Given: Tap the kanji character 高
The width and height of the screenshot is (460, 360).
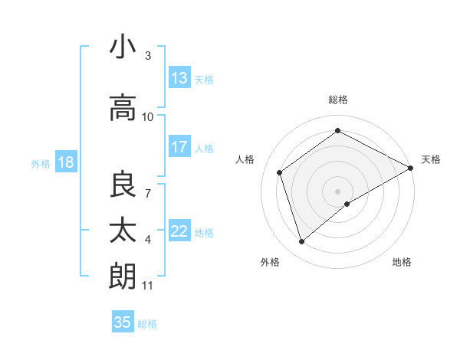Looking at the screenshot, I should coord(123,107).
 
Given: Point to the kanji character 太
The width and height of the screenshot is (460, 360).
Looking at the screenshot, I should coord(123,231).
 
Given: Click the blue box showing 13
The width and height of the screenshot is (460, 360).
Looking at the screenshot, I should coord(179,78).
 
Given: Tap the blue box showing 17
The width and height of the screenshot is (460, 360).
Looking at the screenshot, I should coord(179,147).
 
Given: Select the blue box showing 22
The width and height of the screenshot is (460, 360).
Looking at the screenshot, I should coord(179,231).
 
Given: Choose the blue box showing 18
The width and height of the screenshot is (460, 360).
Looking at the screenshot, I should coord(65,162).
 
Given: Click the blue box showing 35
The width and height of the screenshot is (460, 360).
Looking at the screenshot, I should coord(123,322).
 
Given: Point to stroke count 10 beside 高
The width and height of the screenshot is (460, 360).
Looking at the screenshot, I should coord(148,117).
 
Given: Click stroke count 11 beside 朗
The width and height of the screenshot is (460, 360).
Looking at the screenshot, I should coord(148,286).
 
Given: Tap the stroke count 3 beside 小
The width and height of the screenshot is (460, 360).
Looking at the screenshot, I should coord(148,56).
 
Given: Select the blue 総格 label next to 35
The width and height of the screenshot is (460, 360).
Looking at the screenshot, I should coord(147,324).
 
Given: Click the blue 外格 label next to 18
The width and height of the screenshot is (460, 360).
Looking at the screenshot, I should coord(41,163).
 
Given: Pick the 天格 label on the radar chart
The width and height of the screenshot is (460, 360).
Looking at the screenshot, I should coord(431,159).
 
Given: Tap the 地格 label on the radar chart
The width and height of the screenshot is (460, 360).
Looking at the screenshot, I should coord(402,262).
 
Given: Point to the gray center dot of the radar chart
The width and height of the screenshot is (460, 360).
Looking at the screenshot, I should coord(337,190).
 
